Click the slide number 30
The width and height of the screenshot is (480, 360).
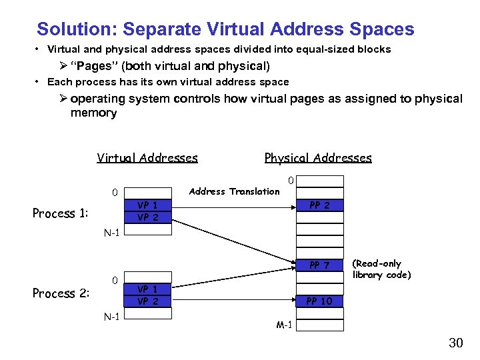tap(455, 343)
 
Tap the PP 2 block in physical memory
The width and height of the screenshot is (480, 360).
tap(320, 205)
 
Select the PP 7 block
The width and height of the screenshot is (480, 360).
tap(320, 266)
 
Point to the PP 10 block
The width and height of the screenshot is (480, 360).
tap(320, 301)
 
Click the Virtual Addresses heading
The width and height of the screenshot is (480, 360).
tap(147, 158)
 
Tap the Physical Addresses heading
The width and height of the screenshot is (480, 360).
tap(318, 158)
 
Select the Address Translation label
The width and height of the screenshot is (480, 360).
tap(234, 191)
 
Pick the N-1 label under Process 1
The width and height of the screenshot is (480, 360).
tap(111, 233)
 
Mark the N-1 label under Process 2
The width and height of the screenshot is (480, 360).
tap(111, 316)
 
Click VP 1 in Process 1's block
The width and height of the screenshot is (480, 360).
tap(147, 206)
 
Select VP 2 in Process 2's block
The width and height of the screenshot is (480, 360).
tap(147, 301)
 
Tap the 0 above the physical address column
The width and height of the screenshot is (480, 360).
tap(290, 180)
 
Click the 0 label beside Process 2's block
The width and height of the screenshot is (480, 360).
tap(115, 279)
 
